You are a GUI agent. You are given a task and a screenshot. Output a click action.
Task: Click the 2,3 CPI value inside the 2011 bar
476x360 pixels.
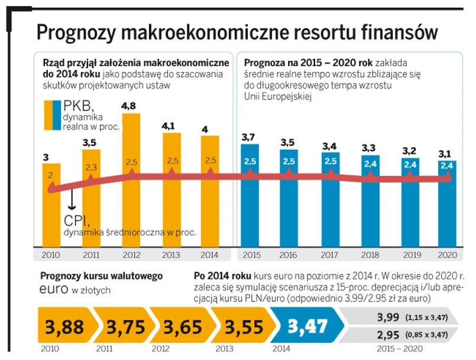91,168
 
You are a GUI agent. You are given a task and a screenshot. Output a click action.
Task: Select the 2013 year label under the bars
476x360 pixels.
171,255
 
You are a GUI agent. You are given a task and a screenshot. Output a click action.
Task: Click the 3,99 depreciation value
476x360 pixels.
388,317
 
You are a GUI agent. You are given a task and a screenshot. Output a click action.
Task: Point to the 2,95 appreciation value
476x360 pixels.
388,335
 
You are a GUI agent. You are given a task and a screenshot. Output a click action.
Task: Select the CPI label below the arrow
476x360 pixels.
76,220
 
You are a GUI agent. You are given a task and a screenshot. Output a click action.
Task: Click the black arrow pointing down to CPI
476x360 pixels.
72,200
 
